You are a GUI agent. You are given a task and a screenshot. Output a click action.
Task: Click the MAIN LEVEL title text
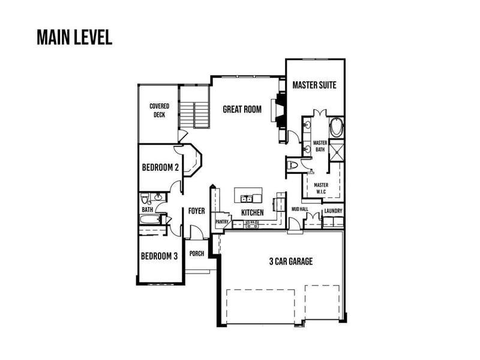tap(74, 37)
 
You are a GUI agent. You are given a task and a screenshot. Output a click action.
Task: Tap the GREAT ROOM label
tap(242, 109)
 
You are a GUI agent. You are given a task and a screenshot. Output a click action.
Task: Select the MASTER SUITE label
tap(314, 86)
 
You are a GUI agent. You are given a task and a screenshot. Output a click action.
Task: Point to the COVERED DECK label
tap(159, 110)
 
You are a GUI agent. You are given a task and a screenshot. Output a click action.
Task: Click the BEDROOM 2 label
tap(160, 167)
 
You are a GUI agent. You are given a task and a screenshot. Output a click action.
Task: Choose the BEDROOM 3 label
tap(159, 256)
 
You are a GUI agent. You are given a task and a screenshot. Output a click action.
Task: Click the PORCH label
tap(197, 254)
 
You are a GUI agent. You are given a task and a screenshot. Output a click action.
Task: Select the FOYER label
tap(197, 211)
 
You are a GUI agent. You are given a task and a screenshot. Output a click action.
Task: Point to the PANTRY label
tap(221, 222)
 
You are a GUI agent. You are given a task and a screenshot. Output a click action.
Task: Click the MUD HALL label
tap(299, 211)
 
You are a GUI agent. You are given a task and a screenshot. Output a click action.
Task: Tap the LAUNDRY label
tap(333, 211)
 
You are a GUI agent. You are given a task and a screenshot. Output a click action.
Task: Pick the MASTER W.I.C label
tap(321, 188)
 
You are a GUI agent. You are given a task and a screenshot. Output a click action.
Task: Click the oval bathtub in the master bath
tap(337, 128)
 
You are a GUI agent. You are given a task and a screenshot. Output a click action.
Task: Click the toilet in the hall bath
tap(145, 199)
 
